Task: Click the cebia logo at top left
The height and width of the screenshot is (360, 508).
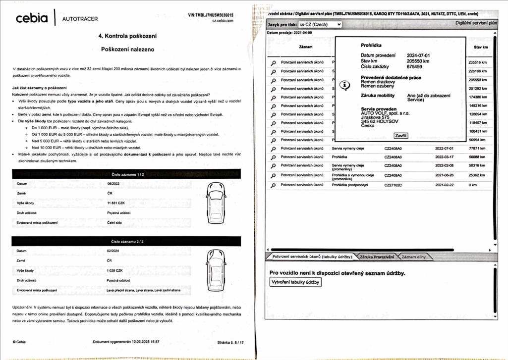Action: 32,18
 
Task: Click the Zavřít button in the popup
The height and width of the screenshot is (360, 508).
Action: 400,136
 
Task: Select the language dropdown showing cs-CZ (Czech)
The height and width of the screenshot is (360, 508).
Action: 320,24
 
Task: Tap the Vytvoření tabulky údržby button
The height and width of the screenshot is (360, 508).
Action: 295,282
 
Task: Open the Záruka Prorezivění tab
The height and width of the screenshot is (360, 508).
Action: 377,257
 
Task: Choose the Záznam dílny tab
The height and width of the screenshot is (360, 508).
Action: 413,257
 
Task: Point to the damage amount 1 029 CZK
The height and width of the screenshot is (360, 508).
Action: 114,270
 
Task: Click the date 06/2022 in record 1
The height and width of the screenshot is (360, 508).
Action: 113,184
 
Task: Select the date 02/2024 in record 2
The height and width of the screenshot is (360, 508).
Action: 113,251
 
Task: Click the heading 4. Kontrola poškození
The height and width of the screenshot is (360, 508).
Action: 128,36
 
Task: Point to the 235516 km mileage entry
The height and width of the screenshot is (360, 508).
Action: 477,62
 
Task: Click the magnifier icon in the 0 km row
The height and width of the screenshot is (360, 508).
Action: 273,185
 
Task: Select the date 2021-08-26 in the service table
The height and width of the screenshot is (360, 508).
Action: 445,175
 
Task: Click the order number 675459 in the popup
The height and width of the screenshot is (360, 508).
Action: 414,66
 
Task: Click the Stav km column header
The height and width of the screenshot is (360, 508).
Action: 481,47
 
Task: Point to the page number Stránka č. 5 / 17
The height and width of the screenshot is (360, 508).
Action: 230,342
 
